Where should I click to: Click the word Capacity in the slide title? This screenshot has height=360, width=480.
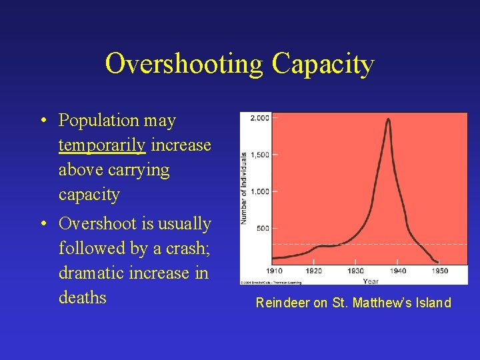click(323, 64)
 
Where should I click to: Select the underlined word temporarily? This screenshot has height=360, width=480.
click(101, 145)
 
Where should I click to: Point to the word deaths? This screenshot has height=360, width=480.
click(83, 297)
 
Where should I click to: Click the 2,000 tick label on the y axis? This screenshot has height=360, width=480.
click(260, 118)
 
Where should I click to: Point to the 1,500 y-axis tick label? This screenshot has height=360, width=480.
click(260, 155)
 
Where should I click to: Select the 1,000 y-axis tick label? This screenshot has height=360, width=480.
click(260, 191)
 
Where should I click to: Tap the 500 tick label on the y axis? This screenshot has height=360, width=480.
click(263, 228)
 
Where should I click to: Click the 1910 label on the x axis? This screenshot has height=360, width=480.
click(273, 271)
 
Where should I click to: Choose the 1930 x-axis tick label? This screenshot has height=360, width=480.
click(355, 271)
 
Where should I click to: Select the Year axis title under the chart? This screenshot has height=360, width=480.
click(371, 281)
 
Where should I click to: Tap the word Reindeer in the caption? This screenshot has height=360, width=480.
click(283, 303)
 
